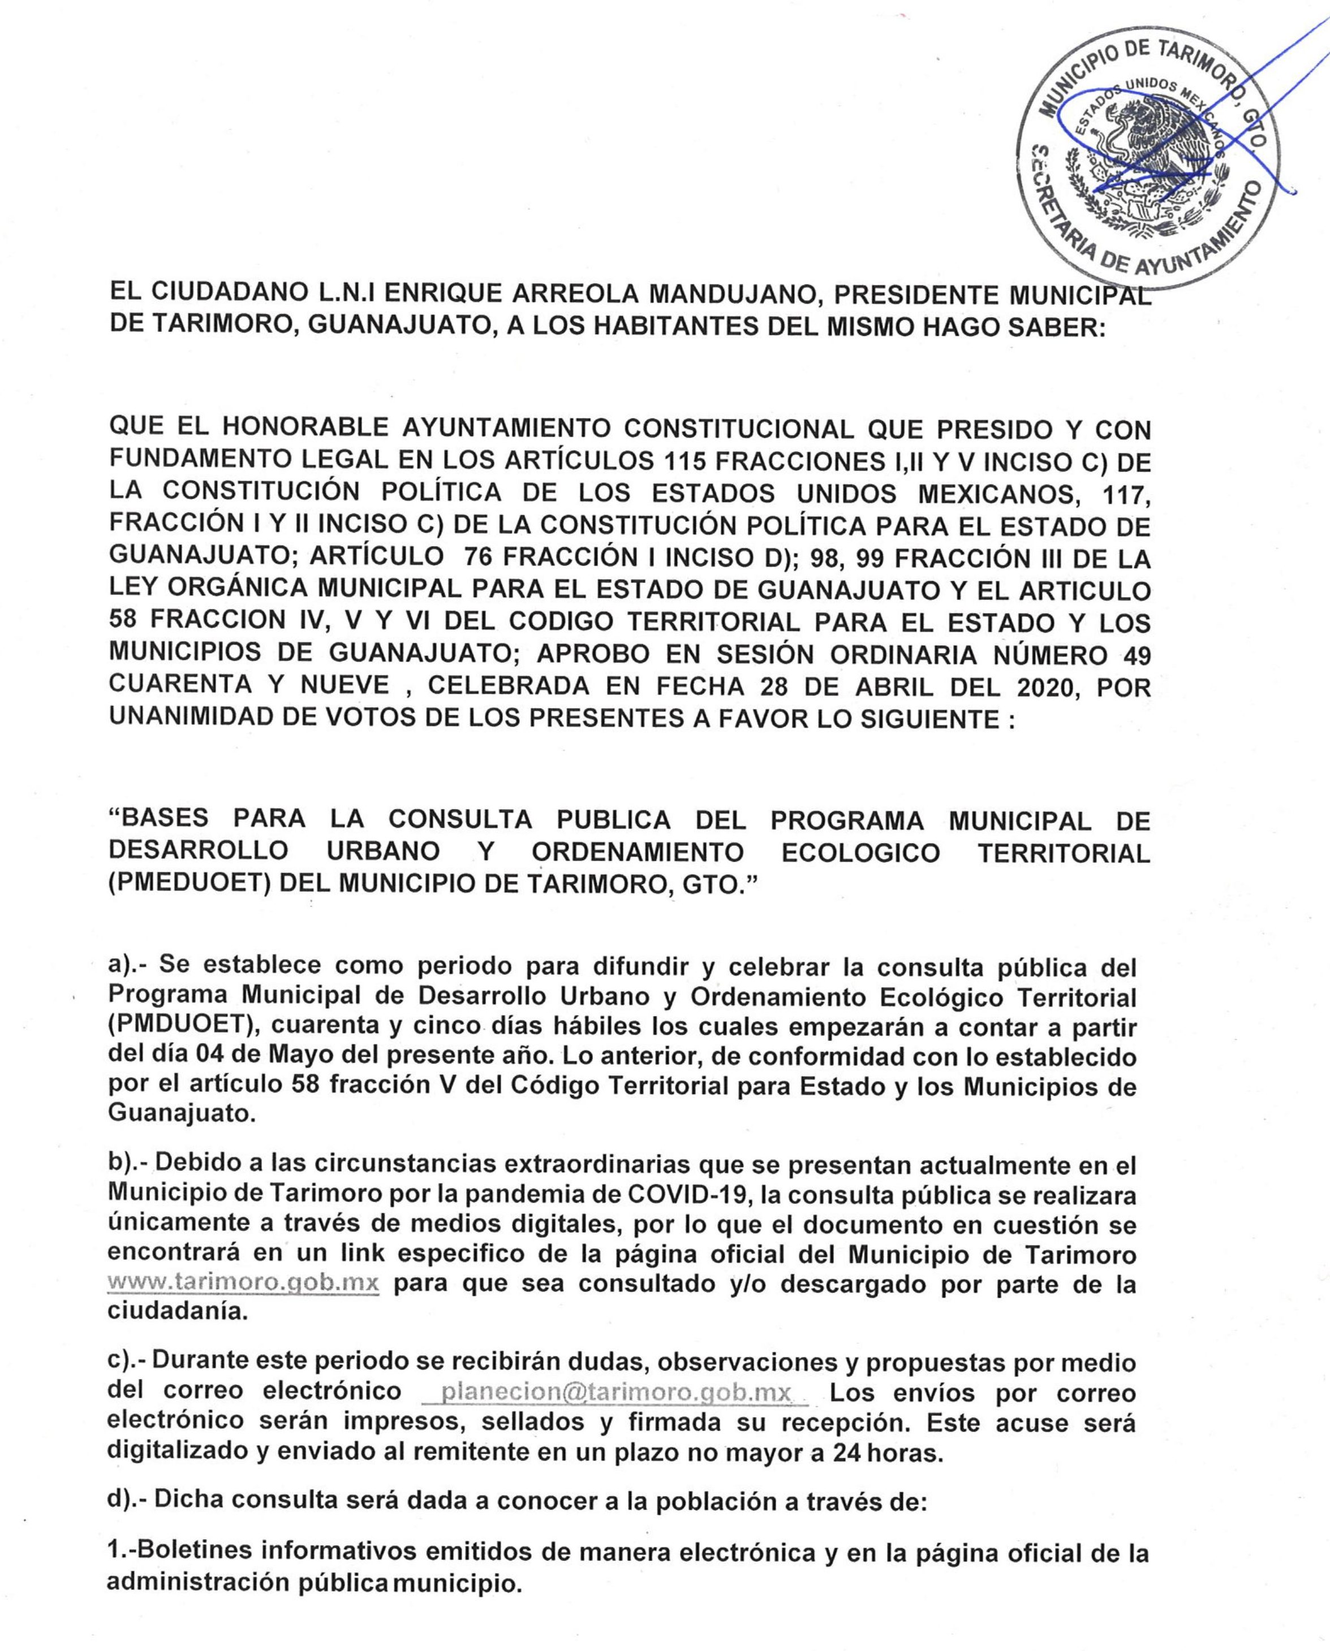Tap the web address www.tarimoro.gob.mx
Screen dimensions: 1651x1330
click(x=244, y=1283)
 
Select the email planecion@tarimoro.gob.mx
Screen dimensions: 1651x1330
click(x=616, y=1392)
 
